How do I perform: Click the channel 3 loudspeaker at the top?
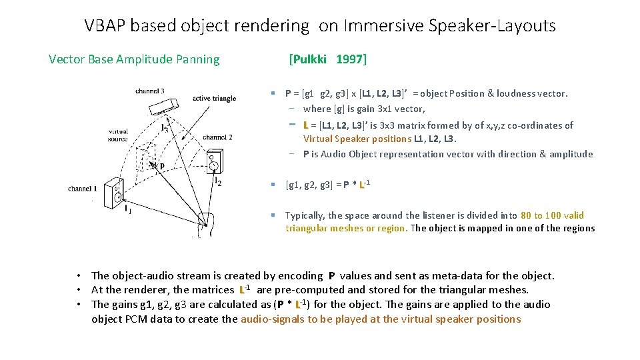pyautogui.click(x=165, y=107)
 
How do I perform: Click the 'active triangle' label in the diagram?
pyautogui.click(x=214, y=98)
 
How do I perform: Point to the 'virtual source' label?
pyautogui.click(x=118, y=136)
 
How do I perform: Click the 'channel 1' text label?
pyautogui.click(x=83, y=189)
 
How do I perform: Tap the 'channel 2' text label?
pyautogui.click(x=217, y=137)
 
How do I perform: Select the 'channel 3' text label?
pyautogui.click(x=150, y=91)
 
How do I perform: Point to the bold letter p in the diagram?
pyautogui.click(x=161, y=167)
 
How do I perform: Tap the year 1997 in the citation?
pyautogui.click(x=350, y=59)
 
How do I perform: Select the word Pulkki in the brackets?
pyautogui.click(x=310, y=59)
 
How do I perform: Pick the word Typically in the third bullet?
pyautogui.click(x=305, y=215)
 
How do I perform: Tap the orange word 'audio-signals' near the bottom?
pyautogui.click(x=272, y=319)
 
